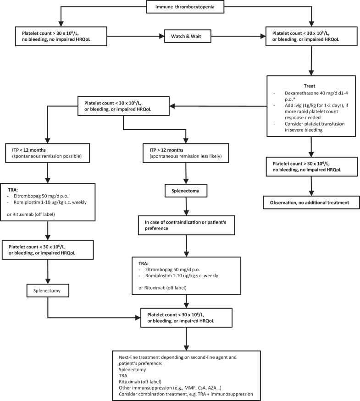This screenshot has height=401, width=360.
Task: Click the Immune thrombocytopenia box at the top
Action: [x=185, y=7]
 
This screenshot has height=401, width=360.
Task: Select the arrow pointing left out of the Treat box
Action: [x=220, y=106]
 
